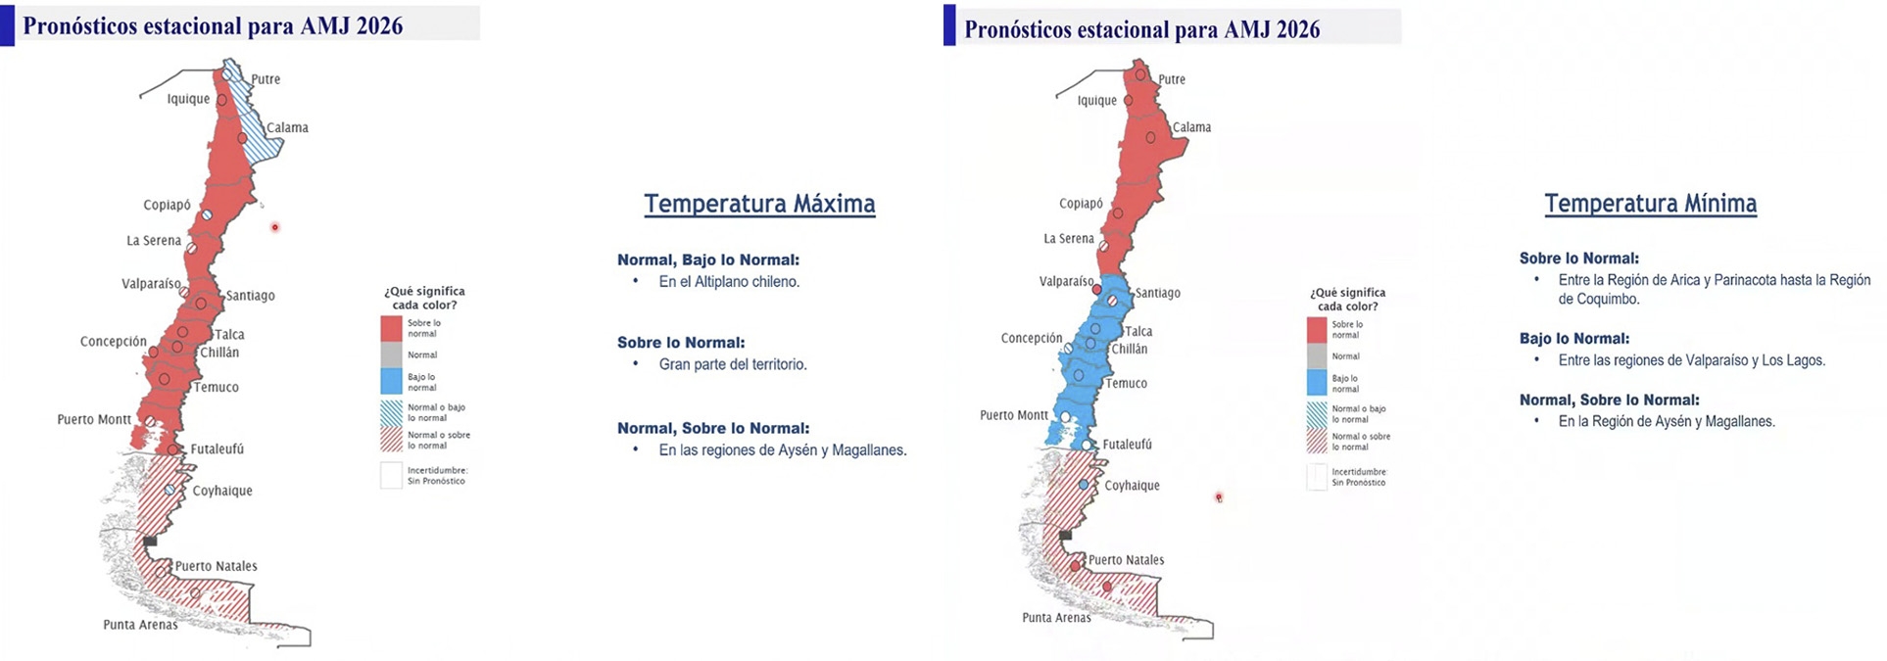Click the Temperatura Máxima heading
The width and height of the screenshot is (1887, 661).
click(x=759, y=204)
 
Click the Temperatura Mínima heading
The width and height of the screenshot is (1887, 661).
click(x=1650, y=204)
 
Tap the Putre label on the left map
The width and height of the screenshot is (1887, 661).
click(x=266, y=79)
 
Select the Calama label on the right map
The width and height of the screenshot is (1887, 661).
click(x=1191, y=127)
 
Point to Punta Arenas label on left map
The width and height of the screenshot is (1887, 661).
click(x=140, y=625)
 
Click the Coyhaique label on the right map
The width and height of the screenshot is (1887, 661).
click(x=1132, y=486)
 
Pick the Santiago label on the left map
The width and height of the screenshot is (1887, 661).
click(x=250, y=296)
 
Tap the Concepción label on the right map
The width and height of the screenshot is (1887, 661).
click(x=1031, y=338)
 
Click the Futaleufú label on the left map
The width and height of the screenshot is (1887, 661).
click(x=217, y=449)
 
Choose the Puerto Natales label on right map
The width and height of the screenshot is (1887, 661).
click(x=1126, y=560)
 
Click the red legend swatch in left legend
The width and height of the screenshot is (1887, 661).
click(x=391, y=328)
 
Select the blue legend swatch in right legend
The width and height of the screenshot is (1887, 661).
click(x=1317, y=383)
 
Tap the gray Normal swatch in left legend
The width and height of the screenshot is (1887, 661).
click(x=391, y=354)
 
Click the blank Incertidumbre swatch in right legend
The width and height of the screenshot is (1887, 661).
click(x=1317, y=477)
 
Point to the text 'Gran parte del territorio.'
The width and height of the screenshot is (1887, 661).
click(x=733, y=364)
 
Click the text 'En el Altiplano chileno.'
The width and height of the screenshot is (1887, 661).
click(x=729, y=282)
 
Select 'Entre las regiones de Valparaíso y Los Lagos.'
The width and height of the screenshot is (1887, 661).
click(x=1692, y=360)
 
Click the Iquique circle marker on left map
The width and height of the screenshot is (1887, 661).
click(x=221, y=100)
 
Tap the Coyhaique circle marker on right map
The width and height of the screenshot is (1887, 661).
click(x=1084, y=485)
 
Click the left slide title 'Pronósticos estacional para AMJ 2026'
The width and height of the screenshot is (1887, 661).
click(x=213, y=25)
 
